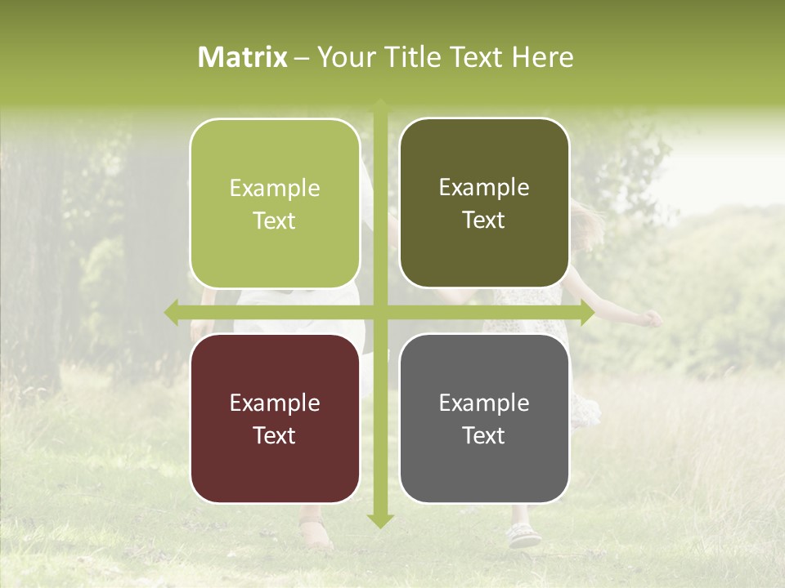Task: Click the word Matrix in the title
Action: point(243,57)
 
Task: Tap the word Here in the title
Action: point(543,57)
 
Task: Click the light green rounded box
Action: point(275,203)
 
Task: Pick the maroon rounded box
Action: point(275,418)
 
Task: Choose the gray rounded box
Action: point(484,418)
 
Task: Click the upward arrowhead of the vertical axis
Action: point(380,105)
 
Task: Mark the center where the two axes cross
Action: point(380,311)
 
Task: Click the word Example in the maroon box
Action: point(275,403)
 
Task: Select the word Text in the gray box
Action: point(484,435)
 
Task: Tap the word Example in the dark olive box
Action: point(484,187)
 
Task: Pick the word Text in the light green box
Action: point(275,220)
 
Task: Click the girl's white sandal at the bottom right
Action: point(523,536)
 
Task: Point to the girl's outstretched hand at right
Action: point(652,318)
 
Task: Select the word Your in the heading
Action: point(341,57)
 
